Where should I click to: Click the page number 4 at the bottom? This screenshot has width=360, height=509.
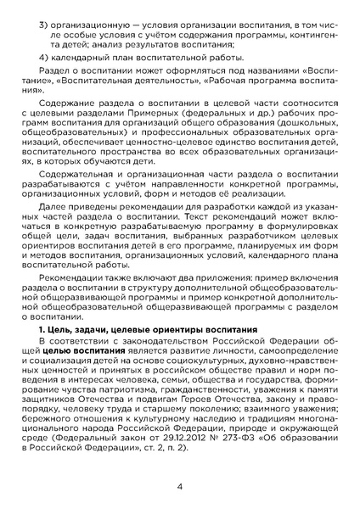pyautogui.click(x=180, y=487)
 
